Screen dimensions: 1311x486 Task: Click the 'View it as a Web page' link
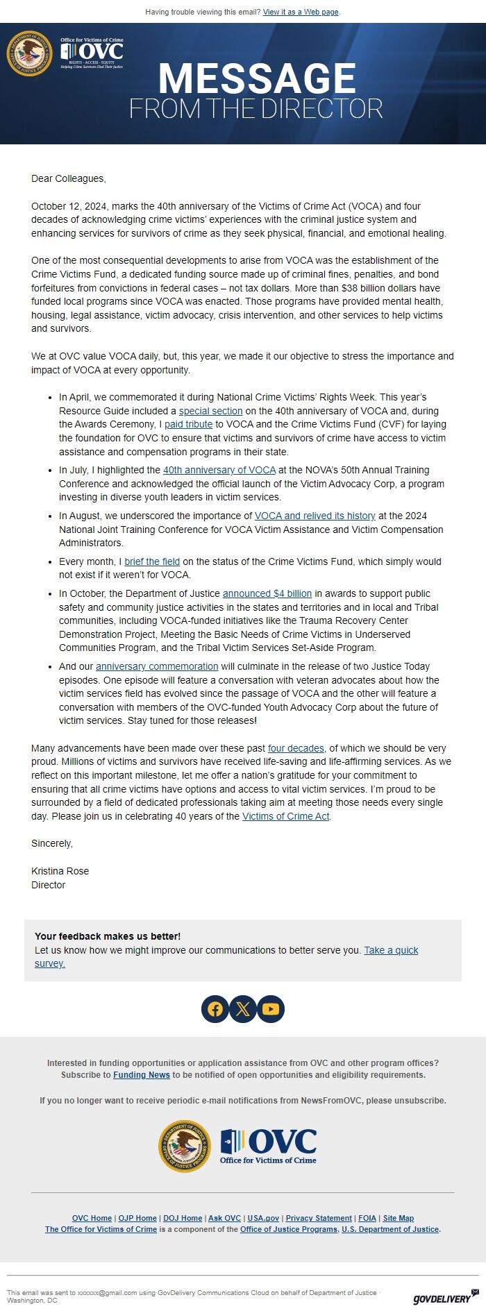click(x=301, y=12)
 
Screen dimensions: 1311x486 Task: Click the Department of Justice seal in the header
click(x=29, y=53)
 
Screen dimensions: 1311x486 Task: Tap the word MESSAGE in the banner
click(x=257, y=78)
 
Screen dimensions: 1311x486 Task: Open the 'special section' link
click(x=210, y=411)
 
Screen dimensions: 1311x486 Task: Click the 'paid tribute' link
click(x=188, y=424)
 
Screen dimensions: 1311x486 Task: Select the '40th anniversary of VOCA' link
click(x=219, y=470)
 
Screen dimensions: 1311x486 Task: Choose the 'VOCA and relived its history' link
click(x=315, y=516)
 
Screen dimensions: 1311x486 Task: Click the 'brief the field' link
click(x=152, y=561)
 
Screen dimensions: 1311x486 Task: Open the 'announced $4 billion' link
click(x=267, y=593)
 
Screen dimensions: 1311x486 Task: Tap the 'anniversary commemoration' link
click(x=157, y=666)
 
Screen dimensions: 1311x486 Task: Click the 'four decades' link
click(x=296, y=748)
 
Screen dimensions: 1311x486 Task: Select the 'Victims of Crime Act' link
click(x=285, y=816)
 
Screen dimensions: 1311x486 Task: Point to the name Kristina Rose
click(x=60, y=871)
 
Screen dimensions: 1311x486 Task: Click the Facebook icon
click(x=215, y=1009)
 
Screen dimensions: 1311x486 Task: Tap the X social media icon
click(x=243, y=1009)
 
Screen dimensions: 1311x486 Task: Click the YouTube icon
click(x=271, y=1009)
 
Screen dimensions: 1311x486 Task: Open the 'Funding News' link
click(x=142, y=1074)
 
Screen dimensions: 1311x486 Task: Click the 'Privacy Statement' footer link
click(x=319, y=1218)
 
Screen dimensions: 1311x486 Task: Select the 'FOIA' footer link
click(x=367, y=1218)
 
